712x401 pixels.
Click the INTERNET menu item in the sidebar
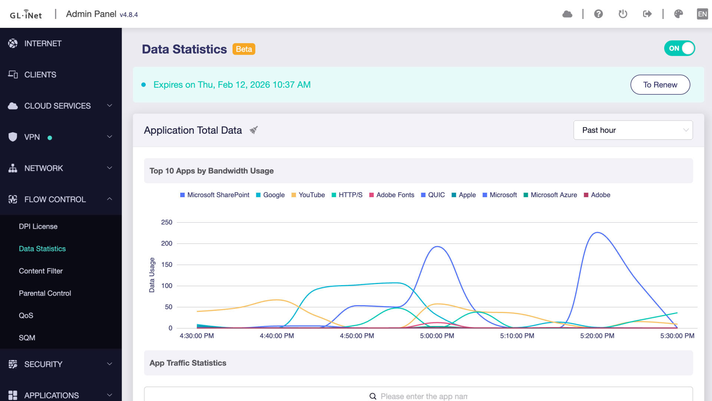[43, 43]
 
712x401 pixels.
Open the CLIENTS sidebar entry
[40, 75]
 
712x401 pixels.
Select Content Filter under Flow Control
[41, 271]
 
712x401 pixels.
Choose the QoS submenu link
[26, 316]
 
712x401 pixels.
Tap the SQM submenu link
[27, 338]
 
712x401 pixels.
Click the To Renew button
[660, 85]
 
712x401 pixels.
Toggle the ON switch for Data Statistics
[679, 48]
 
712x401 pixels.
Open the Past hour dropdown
[633, 130]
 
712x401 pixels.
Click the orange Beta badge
[244, 49]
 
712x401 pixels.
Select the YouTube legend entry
[311, 195]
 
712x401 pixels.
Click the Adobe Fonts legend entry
[395, 195]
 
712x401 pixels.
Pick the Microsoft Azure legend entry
[553, 195]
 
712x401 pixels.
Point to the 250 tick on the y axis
[167, 222]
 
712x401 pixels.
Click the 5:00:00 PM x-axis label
[437, 336]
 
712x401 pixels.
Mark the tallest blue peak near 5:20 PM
[597, 233]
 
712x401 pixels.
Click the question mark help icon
[598, 14]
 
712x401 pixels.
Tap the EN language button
[702, 14]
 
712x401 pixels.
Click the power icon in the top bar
[623, 14]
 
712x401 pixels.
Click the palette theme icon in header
[678, 14]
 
